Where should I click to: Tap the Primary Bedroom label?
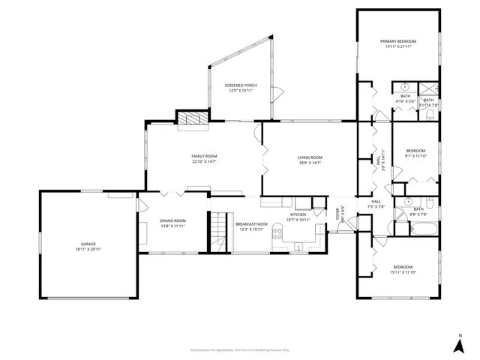coord(397,40)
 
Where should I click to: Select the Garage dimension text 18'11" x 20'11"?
coord(88,248)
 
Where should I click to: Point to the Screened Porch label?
coord(241,85)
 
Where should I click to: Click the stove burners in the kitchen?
coord(277,232)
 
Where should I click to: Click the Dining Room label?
coord(172,220)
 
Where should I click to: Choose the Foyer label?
coord(338,214)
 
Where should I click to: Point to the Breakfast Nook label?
coord(251,224)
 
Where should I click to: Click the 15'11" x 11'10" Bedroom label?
coord(402,267)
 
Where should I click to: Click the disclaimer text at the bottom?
coord(240,349)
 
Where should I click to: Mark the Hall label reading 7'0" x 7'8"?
coord(376,202)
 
